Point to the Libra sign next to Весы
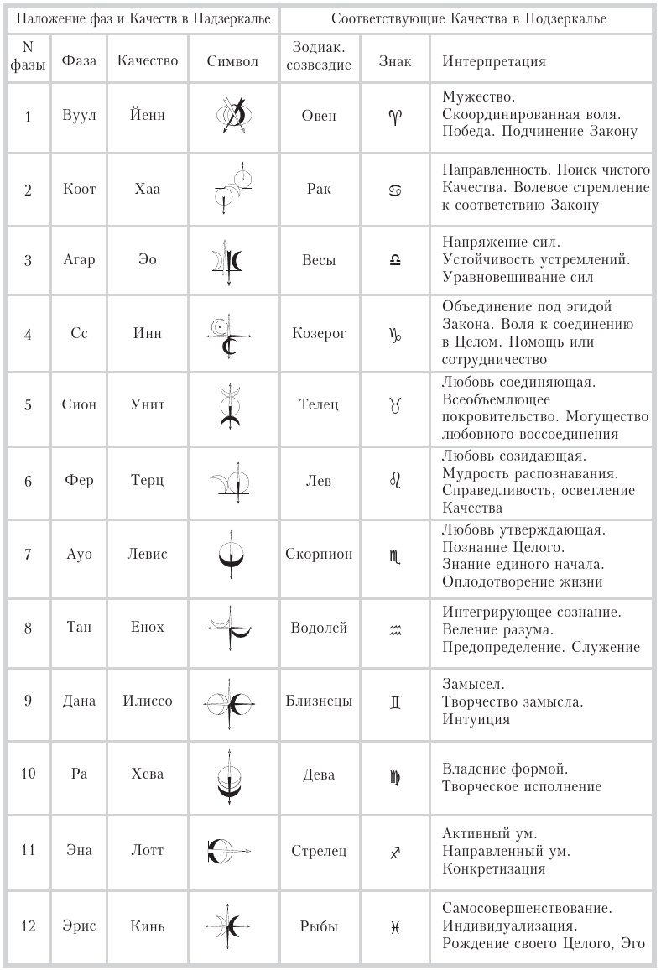pos(395,261)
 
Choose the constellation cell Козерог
pos(318,334)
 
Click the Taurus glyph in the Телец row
pos(395,405)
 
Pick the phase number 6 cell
pos(28,481)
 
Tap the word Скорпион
pos(319,554)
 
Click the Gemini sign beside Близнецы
pos(395,701)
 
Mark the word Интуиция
pos(475,719)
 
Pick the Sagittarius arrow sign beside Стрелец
pos(395,853)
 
